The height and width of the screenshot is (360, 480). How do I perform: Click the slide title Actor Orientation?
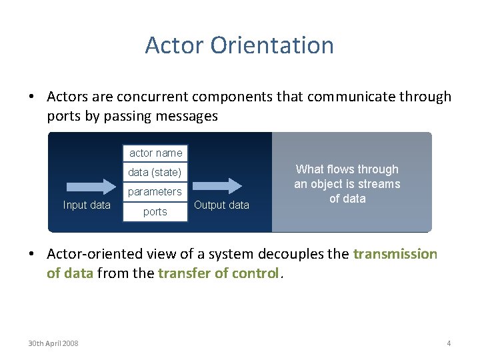pyautogui.click(x=239, y=45)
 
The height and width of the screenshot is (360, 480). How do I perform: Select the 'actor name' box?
pyautogui.click(x=155, y=153)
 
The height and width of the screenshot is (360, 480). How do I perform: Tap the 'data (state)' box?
pyautogui.click(x=155, y=172)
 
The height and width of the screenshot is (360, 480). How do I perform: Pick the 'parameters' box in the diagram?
pyautogui.click(x=155, y=191)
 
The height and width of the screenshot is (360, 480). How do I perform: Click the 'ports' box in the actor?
pyautogui.click(x=155, y=211)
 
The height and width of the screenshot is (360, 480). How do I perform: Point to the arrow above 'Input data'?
pyautogui.click(x=87, y=185)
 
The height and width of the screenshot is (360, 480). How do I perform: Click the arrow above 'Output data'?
pyautogui.click(x=221, y=185)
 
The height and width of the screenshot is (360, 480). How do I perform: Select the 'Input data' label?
pyautogui.click(x=87, y=205)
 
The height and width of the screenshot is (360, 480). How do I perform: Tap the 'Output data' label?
pyautogui.click(x=221, y=205)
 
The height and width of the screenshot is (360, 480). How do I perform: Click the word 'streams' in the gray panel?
pyautogui.click(x=378, y=184)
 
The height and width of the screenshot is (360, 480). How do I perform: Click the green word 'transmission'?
pyautogui.click(x=395, y=254)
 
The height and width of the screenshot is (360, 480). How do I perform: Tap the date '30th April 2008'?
pyautogui.click(x=53, y=343)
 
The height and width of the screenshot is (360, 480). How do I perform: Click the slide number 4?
pyautogui.click(x=449, y=343)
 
